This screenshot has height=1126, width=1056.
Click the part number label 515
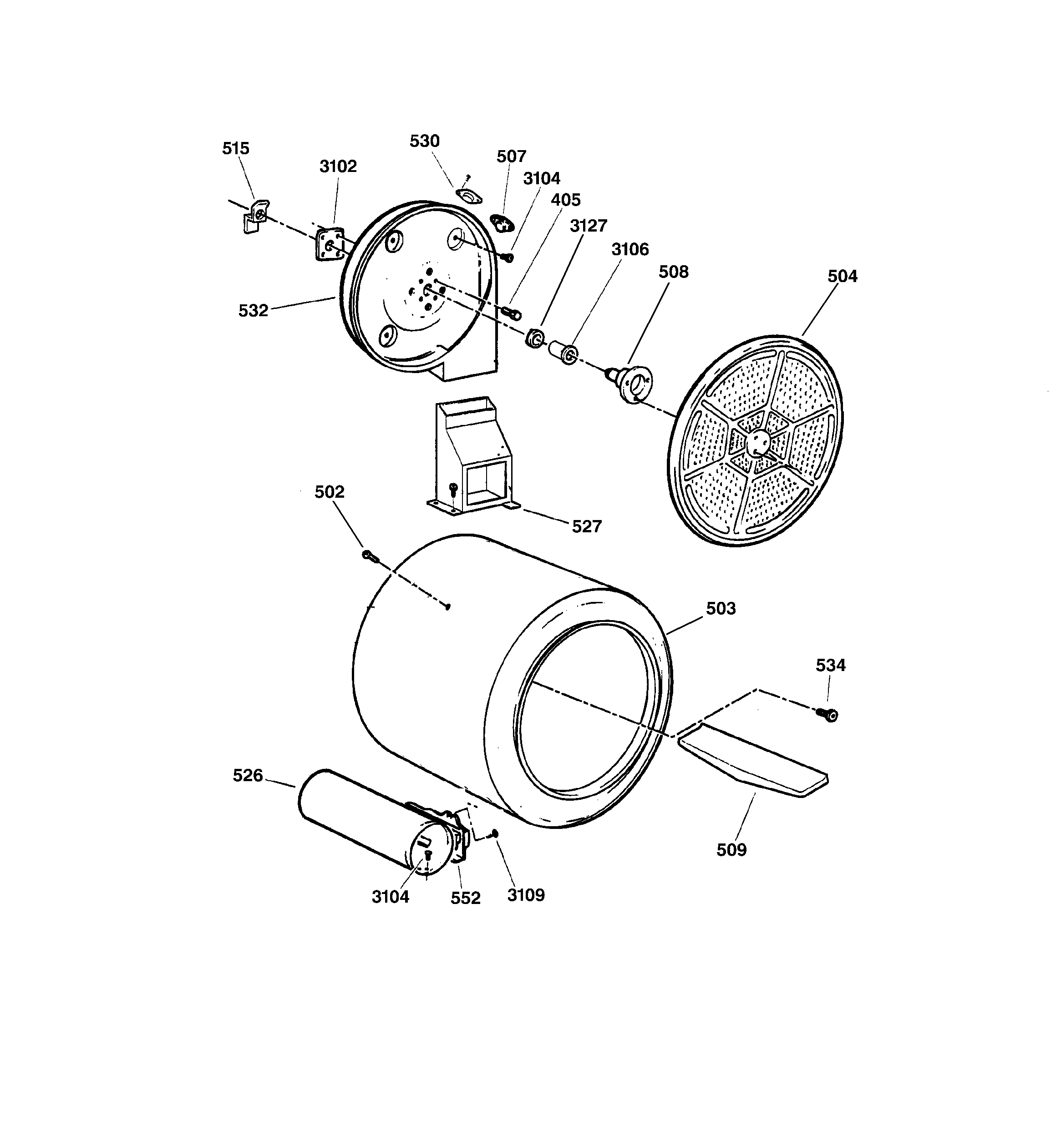click(235, 148)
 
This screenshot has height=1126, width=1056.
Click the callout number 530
click(425, 141)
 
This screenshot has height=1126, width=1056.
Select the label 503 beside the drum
click(721, 608)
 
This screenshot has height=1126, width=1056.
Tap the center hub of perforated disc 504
click(758, 441)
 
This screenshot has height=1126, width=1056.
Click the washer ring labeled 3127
click(534, 338)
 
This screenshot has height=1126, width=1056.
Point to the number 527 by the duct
click(586, 526)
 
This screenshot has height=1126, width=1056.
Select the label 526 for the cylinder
click(248, 775)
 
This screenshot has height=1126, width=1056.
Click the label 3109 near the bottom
click(525, 895)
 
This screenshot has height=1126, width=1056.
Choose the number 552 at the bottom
click(465, 898)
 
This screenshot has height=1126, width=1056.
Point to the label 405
click(565, 200)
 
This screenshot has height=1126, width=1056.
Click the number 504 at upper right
click(842, 277)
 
